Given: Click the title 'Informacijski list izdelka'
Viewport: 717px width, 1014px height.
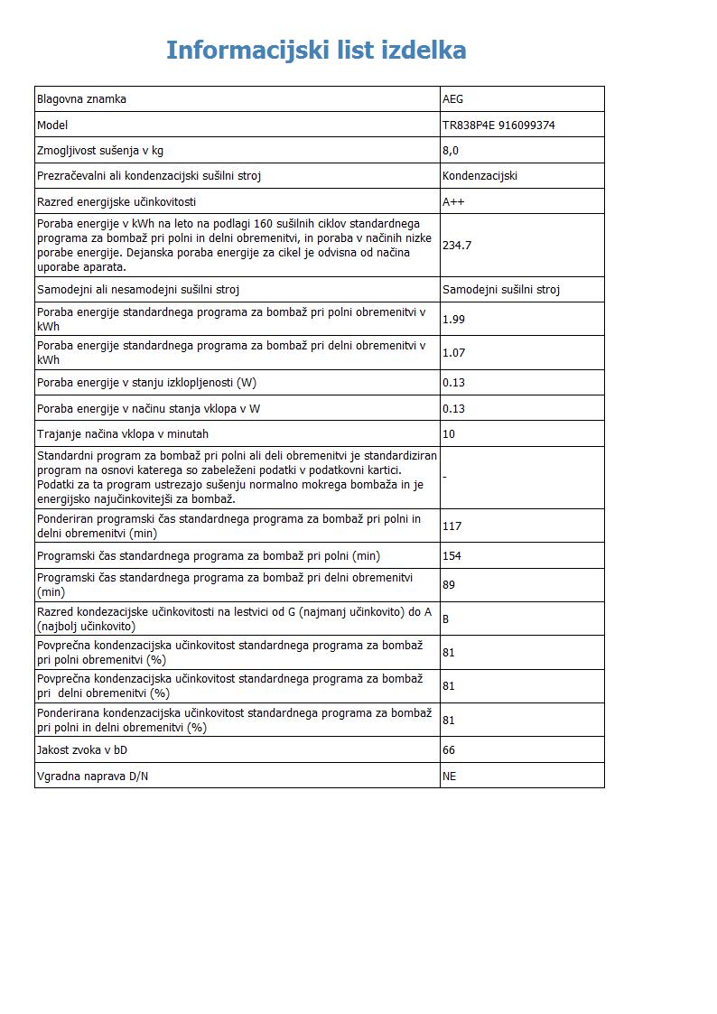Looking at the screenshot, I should tap(316, 50).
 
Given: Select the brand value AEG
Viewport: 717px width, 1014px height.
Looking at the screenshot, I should tap(452, 99).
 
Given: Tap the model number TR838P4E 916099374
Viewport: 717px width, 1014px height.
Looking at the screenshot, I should tap(498, 126).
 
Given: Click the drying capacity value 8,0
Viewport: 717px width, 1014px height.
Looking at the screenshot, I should tap(451, 151).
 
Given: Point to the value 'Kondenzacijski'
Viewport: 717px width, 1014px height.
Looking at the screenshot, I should tap(480, 176).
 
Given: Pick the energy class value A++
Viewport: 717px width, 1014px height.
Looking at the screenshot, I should tap(453, 201).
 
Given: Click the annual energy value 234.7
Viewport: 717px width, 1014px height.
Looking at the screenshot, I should tap(457, 245).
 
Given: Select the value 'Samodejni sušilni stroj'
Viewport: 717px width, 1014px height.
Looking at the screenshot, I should tap(501, 290).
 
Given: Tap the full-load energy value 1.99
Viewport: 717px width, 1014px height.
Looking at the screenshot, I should tap(453, 319).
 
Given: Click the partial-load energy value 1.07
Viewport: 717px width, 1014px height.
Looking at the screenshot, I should tap(453, 353).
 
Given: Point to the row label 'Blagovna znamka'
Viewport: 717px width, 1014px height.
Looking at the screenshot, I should tap(81, 99).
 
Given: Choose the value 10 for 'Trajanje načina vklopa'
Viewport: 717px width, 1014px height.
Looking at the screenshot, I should tap(449, 434).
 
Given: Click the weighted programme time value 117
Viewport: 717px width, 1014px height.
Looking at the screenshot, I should tap(452, 526).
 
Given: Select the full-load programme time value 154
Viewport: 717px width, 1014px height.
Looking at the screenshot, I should tap(452, 556).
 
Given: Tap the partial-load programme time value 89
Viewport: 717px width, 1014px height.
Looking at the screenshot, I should tap(449, 585).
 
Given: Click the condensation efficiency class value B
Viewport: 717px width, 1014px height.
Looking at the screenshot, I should tap(446, 619).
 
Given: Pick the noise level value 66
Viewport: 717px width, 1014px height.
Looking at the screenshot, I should tap(449, 750).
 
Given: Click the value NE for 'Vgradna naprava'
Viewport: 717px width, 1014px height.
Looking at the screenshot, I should tap(450, 776).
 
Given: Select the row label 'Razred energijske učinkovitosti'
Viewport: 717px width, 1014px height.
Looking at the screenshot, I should tap(116, 201).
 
